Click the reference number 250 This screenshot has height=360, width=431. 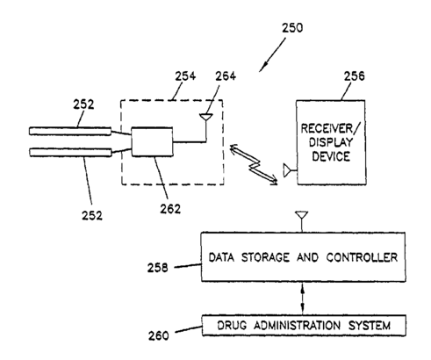292,28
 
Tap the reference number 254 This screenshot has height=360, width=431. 185,76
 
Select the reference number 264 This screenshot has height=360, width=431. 226,76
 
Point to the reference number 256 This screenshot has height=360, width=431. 355,76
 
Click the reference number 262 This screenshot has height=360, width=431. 170,209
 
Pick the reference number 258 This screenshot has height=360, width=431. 158,268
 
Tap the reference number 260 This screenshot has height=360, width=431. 159,335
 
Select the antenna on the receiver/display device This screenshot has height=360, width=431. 290,170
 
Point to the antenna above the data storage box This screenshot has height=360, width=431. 302,221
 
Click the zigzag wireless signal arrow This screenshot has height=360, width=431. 254,164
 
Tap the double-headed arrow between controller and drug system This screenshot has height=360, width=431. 303,299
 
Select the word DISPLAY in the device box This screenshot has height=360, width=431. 331,142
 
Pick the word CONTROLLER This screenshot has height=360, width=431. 362,257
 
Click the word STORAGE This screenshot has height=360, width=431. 265,257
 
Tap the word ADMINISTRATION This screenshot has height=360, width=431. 297,326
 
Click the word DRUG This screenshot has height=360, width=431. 232,326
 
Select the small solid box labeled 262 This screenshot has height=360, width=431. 152,142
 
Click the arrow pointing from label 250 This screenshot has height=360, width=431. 272,55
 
